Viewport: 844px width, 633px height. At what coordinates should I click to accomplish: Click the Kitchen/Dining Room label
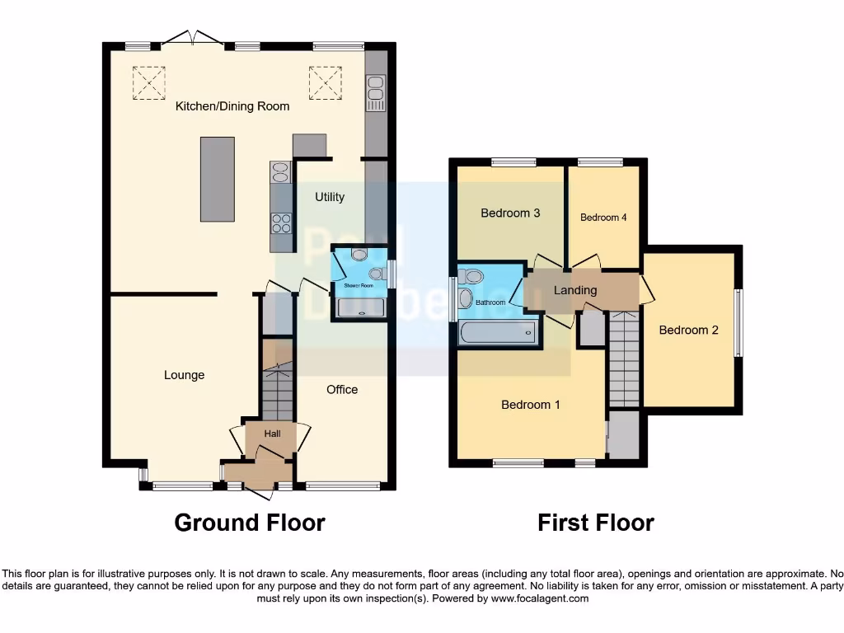tap(232, 106)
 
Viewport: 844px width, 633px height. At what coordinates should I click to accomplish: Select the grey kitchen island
tap(217, 180)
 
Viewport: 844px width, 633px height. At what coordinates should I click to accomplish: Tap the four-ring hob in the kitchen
tap(281, 223)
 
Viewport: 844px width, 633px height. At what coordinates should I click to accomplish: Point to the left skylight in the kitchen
tap(148, 82)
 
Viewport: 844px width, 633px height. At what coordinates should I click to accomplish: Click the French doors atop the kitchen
tap(191, 38)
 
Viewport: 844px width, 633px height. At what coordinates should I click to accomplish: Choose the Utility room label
tap(330, 197)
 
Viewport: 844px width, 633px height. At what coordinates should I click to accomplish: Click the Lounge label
tap(184, 375)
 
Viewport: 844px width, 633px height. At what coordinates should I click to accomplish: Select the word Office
tap(342, 389)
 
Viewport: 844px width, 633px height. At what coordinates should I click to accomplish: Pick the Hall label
tap(273, 434)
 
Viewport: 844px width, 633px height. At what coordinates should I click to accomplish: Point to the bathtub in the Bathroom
tap(498, 333)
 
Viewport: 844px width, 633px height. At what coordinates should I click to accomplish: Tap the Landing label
tap(575, 290)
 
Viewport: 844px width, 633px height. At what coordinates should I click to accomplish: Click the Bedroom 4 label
tap(604, 218)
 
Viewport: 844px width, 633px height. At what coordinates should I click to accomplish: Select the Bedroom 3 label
tap(510, 213)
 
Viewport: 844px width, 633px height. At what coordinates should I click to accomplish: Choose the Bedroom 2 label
tap(689, 330)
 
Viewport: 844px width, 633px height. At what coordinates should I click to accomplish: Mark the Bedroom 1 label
tap(531, 405)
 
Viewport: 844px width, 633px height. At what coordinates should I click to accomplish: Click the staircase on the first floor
tap(625, 359)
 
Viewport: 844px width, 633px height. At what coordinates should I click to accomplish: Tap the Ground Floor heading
tap(250, 523)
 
